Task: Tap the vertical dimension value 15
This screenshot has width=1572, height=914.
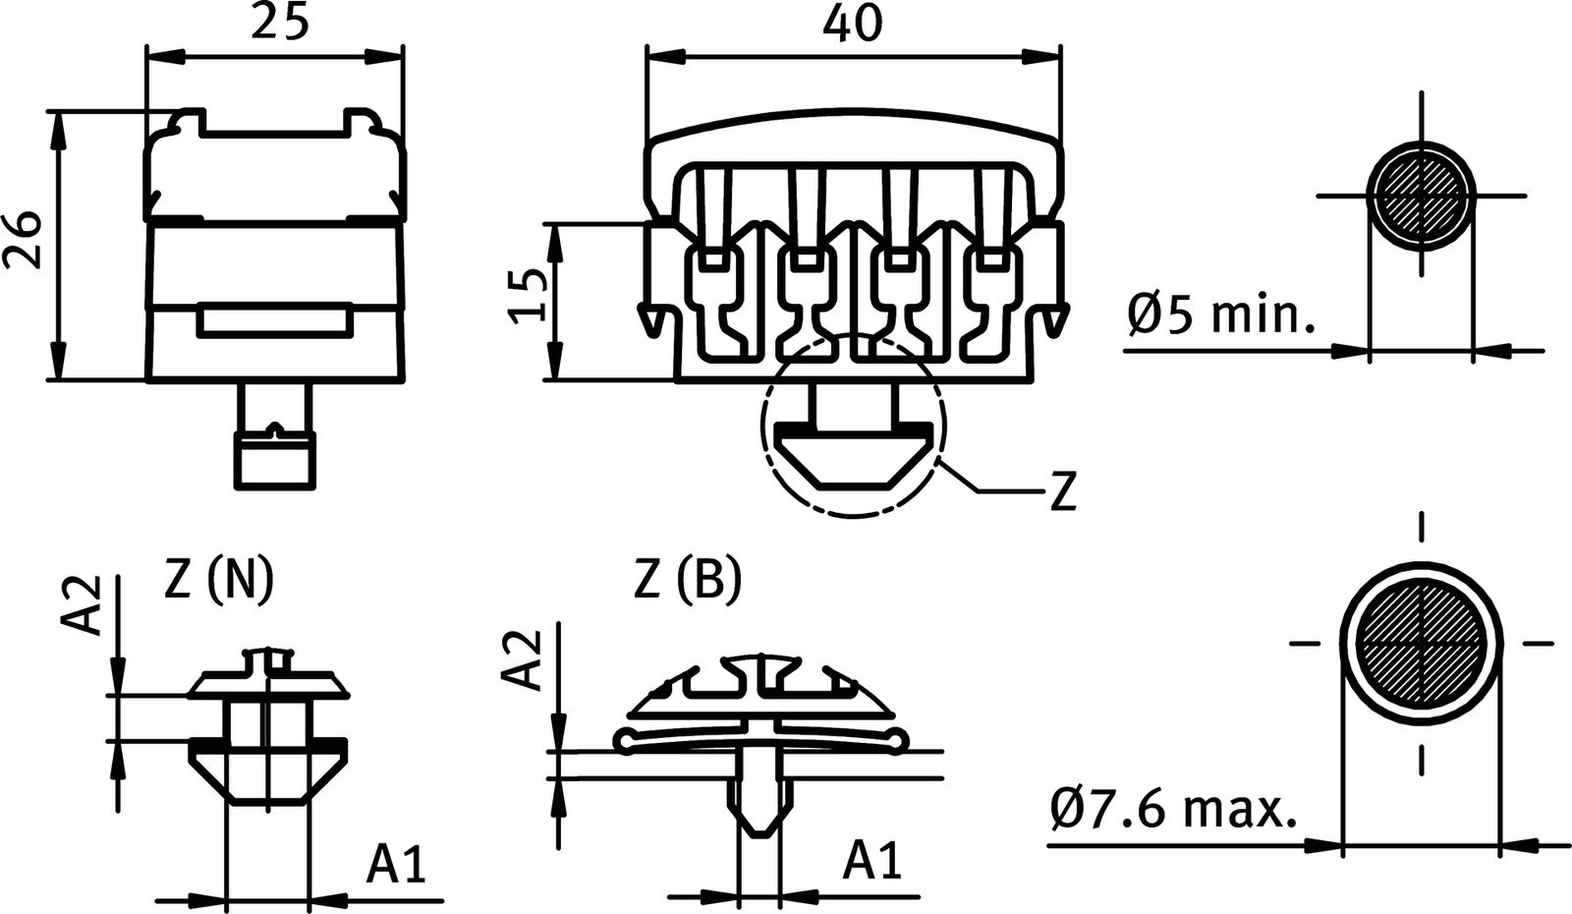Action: click(529, 296)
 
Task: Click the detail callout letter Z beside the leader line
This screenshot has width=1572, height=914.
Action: click(1061, 491)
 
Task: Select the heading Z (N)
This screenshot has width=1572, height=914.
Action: click(219, 582)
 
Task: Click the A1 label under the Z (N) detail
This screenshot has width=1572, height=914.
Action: click(398, 865)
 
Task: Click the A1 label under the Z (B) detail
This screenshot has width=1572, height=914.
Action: click(873, 862)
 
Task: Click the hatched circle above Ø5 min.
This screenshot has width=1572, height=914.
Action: click(1420, 197)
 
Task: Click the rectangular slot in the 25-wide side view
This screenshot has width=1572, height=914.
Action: click(274, 321)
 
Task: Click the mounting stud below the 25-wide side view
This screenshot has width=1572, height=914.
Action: click(274, 437)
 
